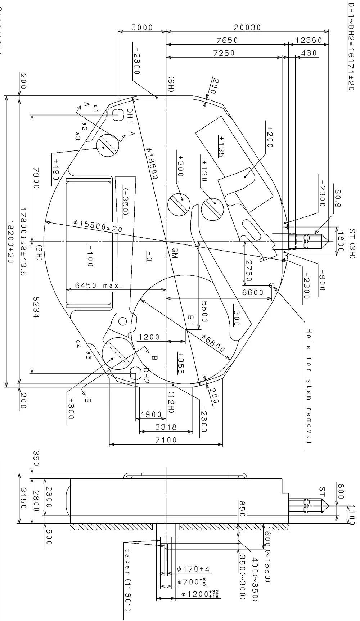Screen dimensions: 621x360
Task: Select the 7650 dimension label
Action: click(227, 40)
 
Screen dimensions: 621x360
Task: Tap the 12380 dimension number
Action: click(309, 40)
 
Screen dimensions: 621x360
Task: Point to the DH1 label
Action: click(130, 116)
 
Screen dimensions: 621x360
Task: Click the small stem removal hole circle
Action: click(272, 285)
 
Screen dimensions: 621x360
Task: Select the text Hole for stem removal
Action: click(308, 386)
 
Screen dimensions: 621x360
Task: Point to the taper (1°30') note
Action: click(127, 580)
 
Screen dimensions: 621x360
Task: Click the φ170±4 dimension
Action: click(193, 569)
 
